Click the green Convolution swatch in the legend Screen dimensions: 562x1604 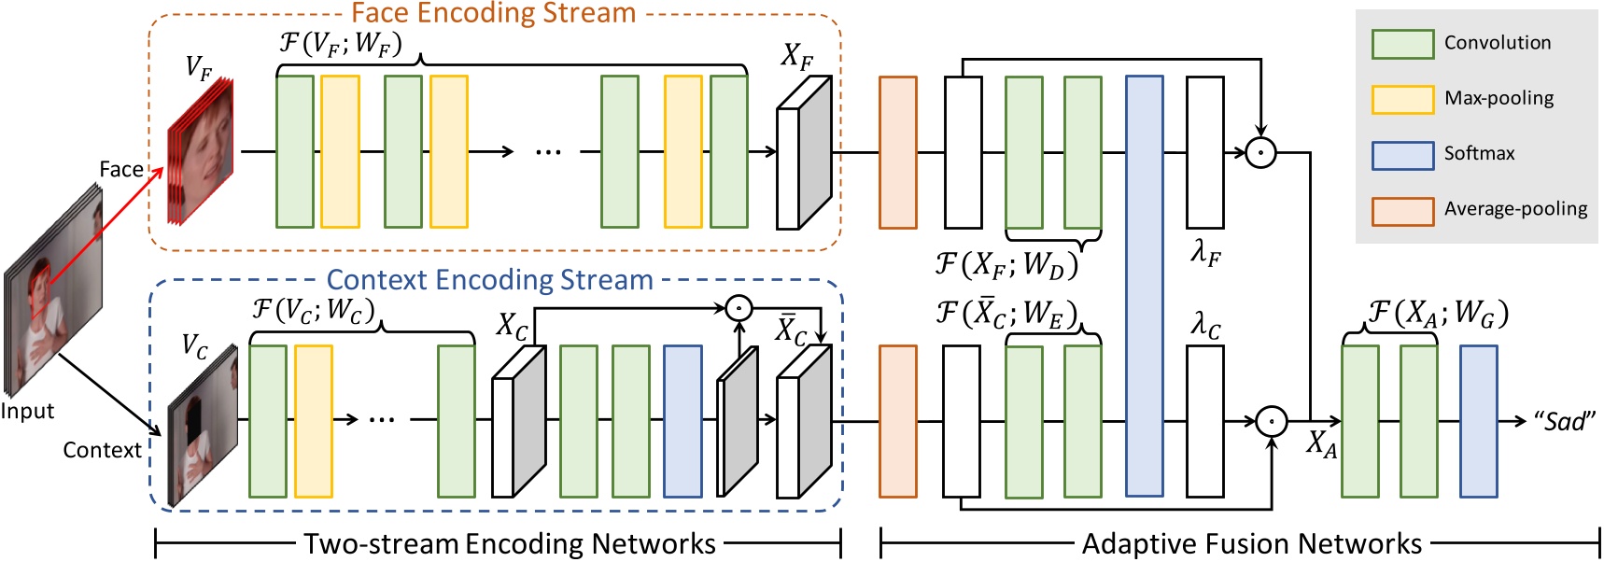pos(1402,44)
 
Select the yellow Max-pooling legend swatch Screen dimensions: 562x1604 pos(1402,99)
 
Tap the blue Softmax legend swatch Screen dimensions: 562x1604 pos(1402,155)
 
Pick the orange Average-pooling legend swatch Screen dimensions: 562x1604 pos(1402,211)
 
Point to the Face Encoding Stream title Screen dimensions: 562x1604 pos(493,13)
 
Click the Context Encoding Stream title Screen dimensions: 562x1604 pos(489,280)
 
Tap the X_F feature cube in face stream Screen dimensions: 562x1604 pos(804,154)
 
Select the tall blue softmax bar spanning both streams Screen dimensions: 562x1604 pos(1144,286)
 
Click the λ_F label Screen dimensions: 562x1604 pos(1205,252)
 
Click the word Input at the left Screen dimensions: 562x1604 pos(27,412)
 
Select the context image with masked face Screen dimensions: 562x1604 pos(202,429)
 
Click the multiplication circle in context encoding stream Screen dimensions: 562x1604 pos(739,307)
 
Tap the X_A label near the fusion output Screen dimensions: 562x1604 pos(1322,444)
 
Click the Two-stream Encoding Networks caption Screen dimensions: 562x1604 pos(509,543)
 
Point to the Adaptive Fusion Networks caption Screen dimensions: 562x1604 pos(1251,543)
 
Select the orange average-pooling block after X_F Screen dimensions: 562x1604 pos(897,152)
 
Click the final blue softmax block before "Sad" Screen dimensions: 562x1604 pos(1478,421)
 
